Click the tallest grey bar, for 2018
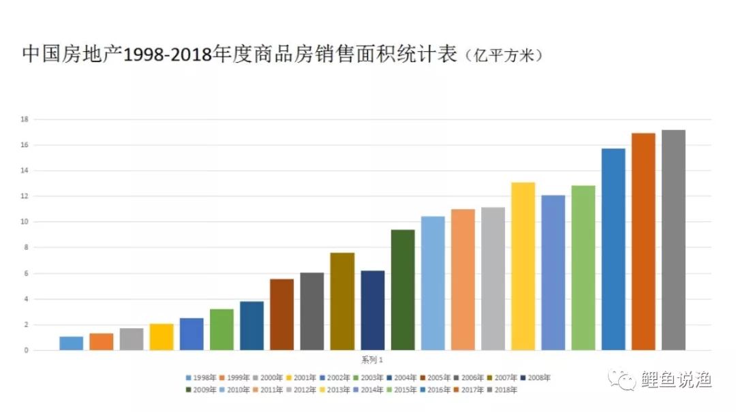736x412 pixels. (673, 240)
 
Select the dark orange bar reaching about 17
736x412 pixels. (643, 242)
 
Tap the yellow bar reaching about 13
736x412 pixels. (523, 266)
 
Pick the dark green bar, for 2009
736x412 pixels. (403, 290)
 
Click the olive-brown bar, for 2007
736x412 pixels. (342, 302)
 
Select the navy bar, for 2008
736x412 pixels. (373, 311)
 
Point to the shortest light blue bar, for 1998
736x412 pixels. (71, 343)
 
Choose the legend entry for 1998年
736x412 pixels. (202, 378)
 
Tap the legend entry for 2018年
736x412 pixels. (503, 390)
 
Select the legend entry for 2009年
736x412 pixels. (202, 390)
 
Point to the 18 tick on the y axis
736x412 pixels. (24, 120)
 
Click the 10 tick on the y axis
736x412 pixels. (24, 222)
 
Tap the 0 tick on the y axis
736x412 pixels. (26, 351)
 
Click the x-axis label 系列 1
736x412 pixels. (372, 360)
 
